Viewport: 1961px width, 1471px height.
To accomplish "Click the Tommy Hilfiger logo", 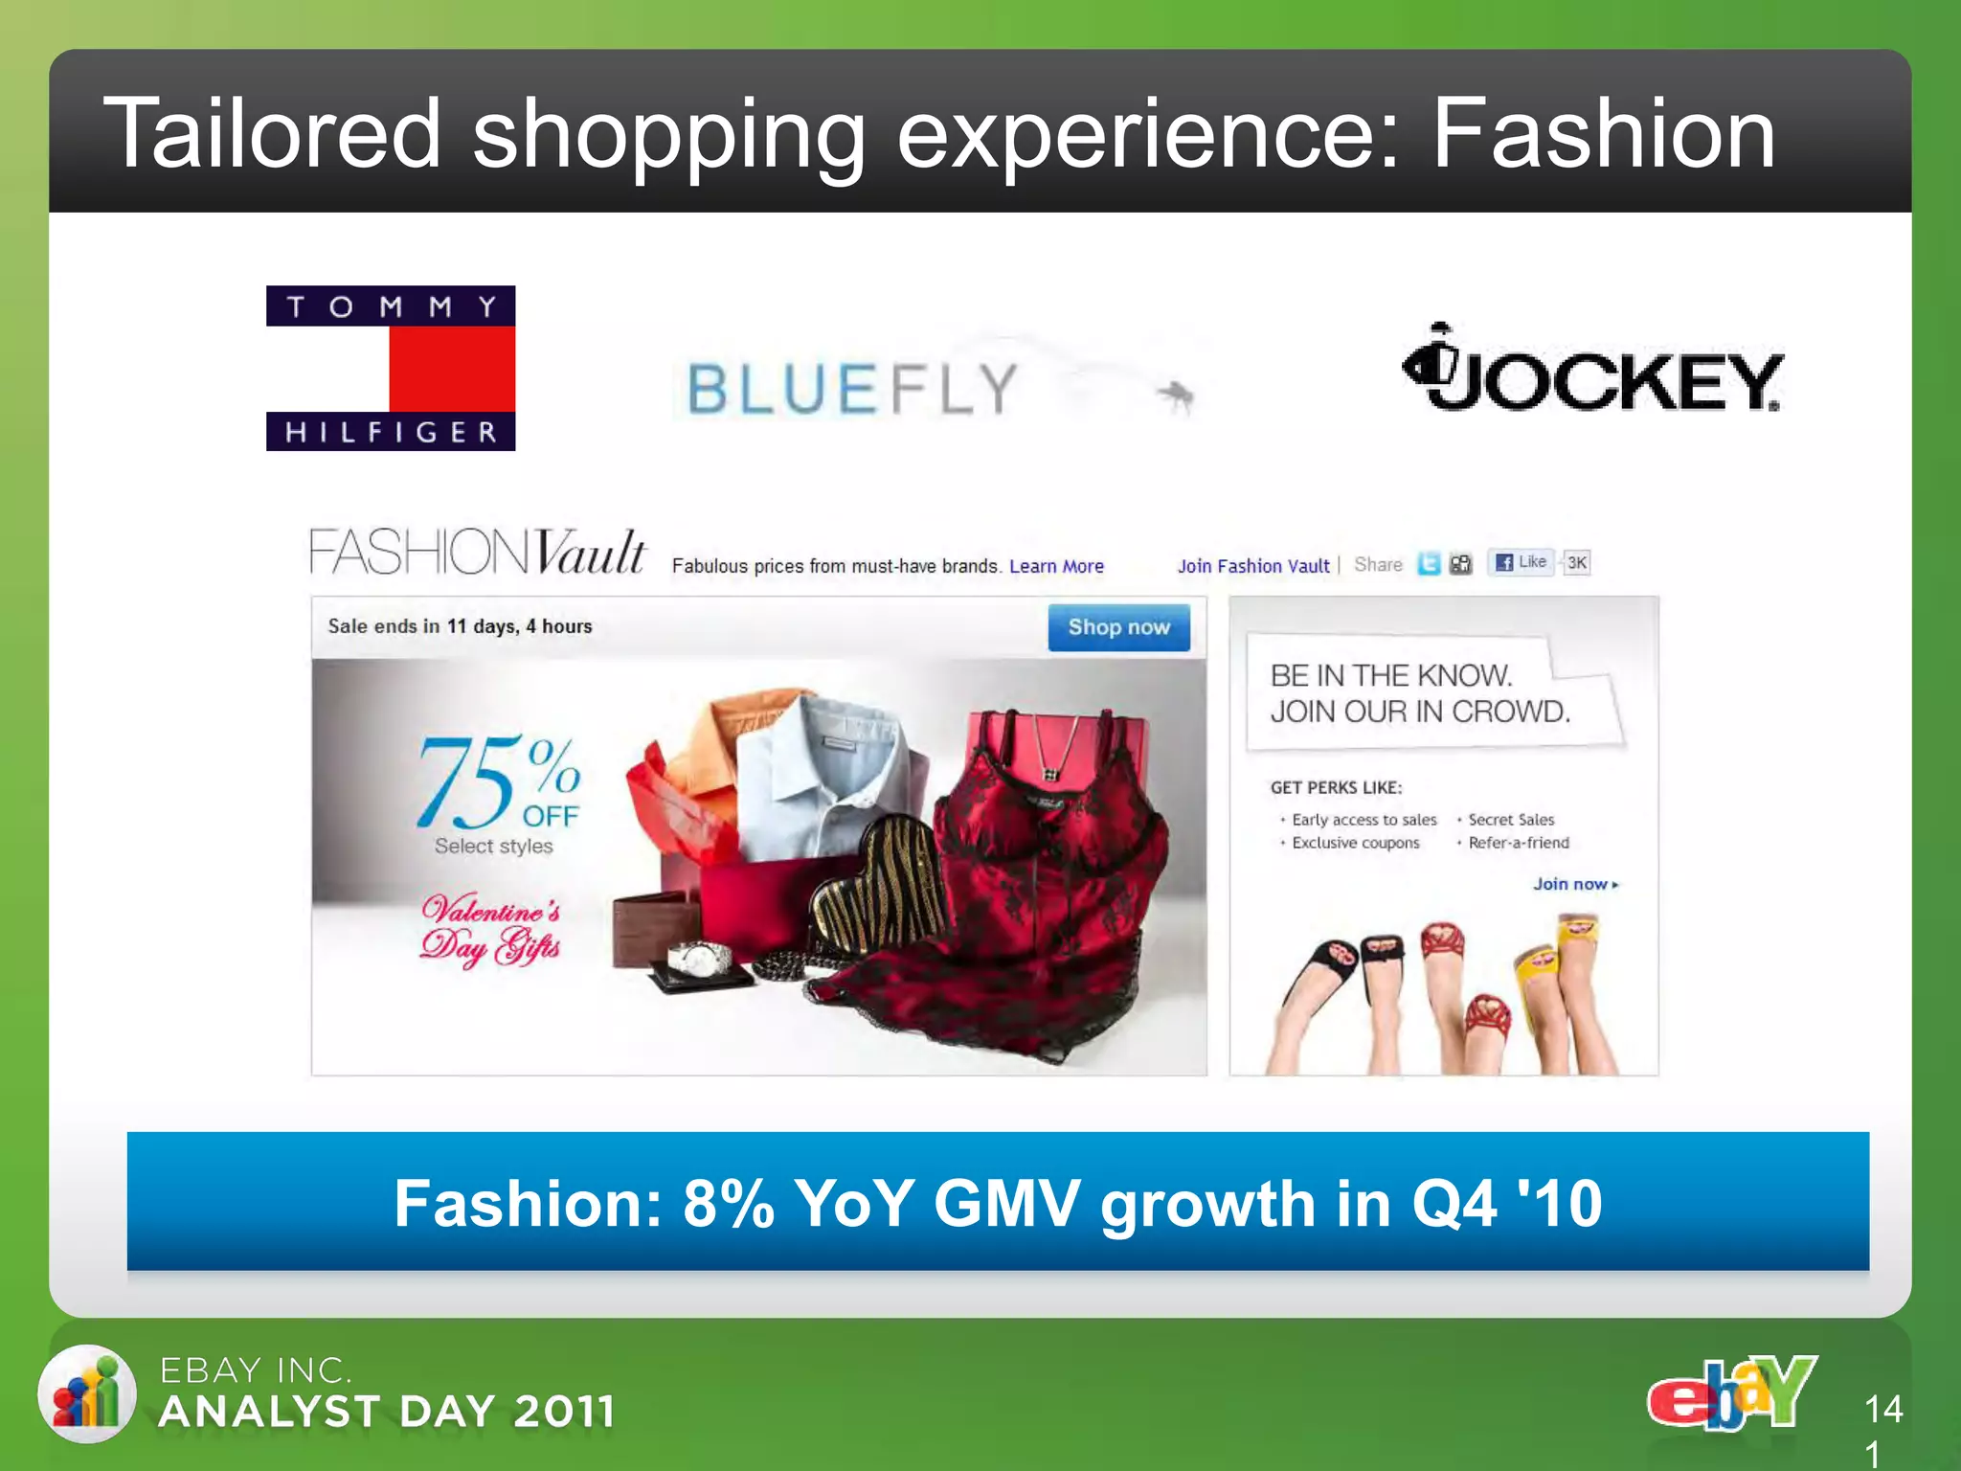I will point(391,368).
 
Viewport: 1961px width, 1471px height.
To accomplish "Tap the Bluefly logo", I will point(852,389).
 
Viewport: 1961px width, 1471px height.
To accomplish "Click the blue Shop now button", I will point(1118,627).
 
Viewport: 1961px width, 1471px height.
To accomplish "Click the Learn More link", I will point(1056,566).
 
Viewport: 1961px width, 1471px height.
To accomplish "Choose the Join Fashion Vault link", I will point(1252,566).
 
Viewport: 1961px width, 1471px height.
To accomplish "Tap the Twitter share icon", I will point(1429,564).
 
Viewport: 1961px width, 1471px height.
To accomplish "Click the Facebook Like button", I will point(1521,562).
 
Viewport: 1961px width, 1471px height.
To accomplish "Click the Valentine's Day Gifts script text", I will point(491,929).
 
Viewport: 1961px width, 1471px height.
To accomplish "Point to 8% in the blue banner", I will point(727,1203).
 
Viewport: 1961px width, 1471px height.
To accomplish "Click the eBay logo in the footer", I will point(1731,1393).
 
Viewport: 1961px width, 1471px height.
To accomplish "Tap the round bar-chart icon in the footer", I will point(87,1393).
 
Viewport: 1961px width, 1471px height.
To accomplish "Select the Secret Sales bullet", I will point(1511,820).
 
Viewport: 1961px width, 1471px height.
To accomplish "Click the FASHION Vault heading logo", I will point(477,553).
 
